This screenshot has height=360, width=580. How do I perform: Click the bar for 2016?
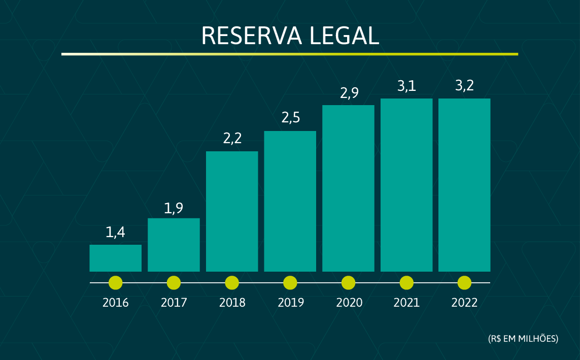pos(115,258)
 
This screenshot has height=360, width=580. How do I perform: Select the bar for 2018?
pos(232,211)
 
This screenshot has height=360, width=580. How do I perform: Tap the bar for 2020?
pos(348,188)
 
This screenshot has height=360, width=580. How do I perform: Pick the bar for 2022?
pos(464,185)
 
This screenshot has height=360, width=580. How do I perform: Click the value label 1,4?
pos(115,233)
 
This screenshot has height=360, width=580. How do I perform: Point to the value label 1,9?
pos(174,208)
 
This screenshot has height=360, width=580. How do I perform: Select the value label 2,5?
pos(290,118)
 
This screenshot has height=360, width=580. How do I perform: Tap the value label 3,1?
pos(406,86)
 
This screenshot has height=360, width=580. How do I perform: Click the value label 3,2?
pos(464,86)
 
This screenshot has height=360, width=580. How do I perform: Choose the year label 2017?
pos(174,303)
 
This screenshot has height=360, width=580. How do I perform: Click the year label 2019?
pos(290,303)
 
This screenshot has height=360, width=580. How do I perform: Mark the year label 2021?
pos(406,303)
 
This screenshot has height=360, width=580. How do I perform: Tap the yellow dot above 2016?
pos(116,282)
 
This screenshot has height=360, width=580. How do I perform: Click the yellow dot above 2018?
pos(232,282)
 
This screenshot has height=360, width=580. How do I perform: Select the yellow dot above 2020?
pos(348,282)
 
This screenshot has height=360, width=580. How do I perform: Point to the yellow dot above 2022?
pos(464,282)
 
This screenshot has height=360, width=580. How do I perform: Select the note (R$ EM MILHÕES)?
pos(523,338)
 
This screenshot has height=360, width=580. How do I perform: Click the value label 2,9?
pos(348,93)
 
